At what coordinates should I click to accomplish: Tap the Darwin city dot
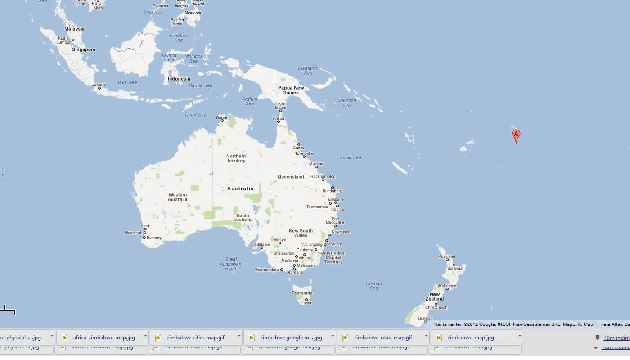point(222,121)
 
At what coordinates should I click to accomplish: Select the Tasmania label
point(301,293)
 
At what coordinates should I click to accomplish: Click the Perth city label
point(145,226)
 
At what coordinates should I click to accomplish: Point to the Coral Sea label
point(350,157)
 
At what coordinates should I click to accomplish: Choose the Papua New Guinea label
point(291,90)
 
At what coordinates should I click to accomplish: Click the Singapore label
point(84,50)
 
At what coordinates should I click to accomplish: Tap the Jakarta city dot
point(99,88)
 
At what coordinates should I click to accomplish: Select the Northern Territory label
point(236,158)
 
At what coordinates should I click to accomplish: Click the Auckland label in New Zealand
point(446,257)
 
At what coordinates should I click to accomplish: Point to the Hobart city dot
point(306,300)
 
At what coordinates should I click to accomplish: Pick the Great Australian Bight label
point(230,264)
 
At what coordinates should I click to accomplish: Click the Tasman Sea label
point(373,286)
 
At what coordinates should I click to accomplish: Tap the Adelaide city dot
point(261,248)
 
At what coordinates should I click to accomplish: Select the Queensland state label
point(291,177)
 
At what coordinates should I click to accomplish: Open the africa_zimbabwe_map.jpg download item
point(103,337)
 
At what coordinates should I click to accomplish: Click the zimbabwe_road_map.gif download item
point(382,337)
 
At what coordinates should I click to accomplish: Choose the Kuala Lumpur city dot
point(72,40)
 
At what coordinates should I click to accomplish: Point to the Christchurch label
point(436,308)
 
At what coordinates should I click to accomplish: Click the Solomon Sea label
point(346,103)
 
